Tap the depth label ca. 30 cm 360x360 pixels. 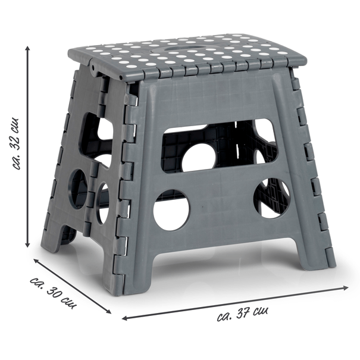54,294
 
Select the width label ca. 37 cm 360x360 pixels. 242,314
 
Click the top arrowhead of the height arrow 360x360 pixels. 27,49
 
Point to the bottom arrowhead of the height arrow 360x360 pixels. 27,245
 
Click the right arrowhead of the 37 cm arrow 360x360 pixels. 346,287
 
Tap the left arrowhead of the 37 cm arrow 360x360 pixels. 125,318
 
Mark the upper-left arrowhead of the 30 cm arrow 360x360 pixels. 36,261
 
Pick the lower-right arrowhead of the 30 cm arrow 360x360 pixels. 108,311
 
